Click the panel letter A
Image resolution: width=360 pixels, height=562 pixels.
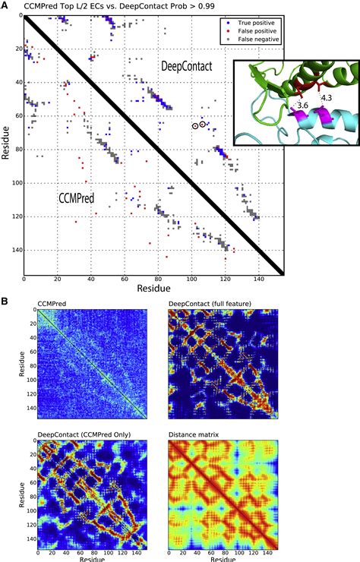pos(5,5)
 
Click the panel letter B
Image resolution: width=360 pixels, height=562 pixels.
pos(5,301)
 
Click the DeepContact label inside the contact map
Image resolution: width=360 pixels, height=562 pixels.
pos(186,67)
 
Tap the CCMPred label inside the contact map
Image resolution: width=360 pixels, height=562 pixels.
pos(81,197)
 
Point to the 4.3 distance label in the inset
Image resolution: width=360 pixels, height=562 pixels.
pos(326,98)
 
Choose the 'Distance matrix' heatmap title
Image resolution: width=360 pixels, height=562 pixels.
pos(197,434)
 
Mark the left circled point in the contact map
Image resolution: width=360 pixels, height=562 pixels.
pos(194,126)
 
